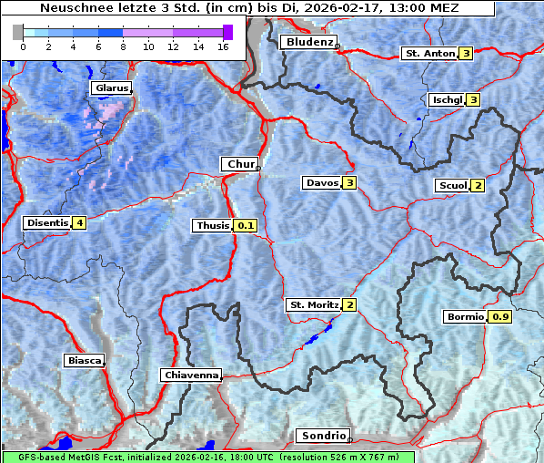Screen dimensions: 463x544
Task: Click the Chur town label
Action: (240, 164)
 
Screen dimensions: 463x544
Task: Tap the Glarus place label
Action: (110, 88)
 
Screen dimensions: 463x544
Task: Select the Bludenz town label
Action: (307, 42)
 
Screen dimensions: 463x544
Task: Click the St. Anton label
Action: (428, 54)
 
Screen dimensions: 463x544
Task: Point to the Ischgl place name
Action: (447, 99)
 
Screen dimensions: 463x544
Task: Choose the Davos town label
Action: (321, 183)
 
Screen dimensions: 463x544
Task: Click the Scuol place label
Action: (452, 186)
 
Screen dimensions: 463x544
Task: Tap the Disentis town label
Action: (47, 222)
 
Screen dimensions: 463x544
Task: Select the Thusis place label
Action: (213, 225)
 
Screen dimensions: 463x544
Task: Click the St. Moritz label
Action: (313, 304)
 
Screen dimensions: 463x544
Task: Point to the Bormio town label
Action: (465, 317)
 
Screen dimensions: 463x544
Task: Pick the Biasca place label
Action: (84, 360)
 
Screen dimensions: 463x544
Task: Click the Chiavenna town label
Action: (191, 375)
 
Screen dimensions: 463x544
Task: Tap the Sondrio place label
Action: (322, 436)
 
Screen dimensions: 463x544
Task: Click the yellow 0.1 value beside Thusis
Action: (246, 225)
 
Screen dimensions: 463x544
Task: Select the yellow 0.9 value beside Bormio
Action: (500, 317)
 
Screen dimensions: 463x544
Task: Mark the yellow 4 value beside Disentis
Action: (79, 222)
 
